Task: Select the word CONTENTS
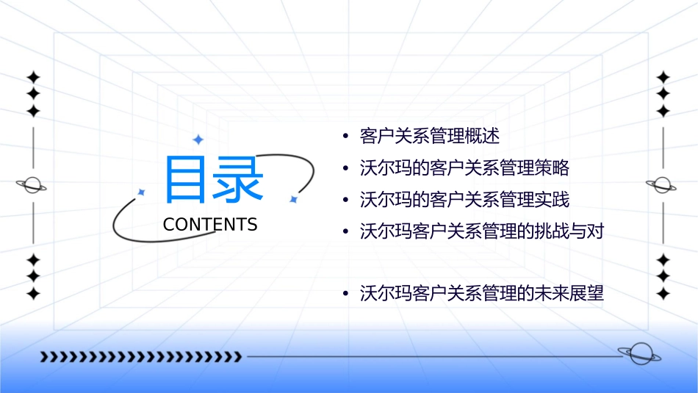pyautogui.click(x=210, y=225)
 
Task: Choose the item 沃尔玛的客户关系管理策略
pyautogui.click(x=464, y=168)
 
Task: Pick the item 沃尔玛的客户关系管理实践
pyautogui.click(x=464, y=200)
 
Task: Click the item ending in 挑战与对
pyautogui.click(x=482, y=231)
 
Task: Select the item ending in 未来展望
pyautogui.click(x=482, y=295)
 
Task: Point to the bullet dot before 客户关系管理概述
pyautogui.click(x=345, y=137)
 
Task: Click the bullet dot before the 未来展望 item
pyautogui.click(x=345, y=295)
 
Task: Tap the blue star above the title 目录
pyautogui.click(x=197, y=139)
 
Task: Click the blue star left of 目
pyautogui.click(x=142, y=192)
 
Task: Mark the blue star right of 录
pyautogui.click(x=292, y=198)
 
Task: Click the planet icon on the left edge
pyautogui.click(x=32, y=185)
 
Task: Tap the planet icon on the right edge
pyautogui.click(x=662, y=185)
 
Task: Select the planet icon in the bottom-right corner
pyautogui.click(x=639, y=355)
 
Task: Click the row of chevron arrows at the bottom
pyautogui.click(x=140, y=357)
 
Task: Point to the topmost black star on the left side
pyautogui.click(x=32, y=77)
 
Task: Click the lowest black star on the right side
pyautogui.click(x=663, y=294)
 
